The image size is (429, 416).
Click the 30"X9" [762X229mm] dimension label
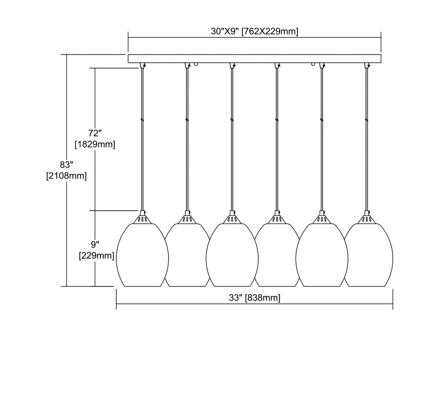coord(254,31)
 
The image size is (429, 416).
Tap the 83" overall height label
coord(66,165)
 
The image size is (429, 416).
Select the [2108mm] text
coord(66,175)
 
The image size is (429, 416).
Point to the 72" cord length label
coord(95,133)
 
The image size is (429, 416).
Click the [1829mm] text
coord(95,144)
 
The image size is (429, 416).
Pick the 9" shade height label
coord(94,245)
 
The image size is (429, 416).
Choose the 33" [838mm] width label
coord(254,298)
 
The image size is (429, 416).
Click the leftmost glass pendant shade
coord(142,255)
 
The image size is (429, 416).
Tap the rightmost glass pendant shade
coord(369,255)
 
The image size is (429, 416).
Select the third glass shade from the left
coord(232,255)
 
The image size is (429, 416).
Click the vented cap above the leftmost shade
coord(142,219)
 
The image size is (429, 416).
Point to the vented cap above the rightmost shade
coord(366,219)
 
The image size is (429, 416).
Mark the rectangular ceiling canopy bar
coord(254,58)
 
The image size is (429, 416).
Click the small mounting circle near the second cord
coord(196,64)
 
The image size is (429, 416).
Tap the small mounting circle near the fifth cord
coord(313,64)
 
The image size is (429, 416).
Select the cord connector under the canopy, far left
coord(142,65)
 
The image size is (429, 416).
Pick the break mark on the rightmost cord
coord(366,120)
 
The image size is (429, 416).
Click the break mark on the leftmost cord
coord(142,120)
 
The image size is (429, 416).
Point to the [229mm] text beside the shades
coord(96,256)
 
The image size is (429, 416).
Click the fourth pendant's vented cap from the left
coord(277,219)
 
